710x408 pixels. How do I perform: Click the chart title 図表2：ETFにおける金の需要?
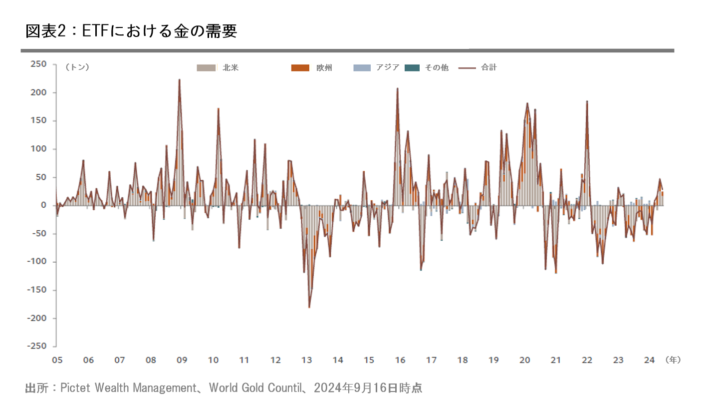point(131,31)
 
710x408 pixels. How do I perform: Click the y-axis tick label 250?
point(39,64)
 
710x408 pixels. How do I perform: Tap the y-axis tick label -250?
point(37,346)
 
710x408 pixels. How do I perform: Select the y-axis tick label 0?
point(43,205)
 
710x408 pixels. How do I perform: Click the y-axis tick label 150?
point(39,120)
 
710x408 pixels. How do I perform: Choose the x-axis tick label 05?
point(56,360)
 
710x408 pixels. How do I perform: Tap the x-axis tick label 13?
point(306,360)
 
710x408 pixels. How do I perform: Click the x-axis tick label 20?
point(524,360)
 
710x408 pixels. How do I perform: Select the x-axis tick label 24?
point(649,360)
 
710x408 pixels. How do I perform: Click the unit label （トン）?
point(77,67)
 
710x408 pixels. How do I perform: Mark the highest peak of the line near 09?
point(179,79)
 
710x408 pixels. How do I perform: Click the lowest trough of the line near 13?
point(309,307)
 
